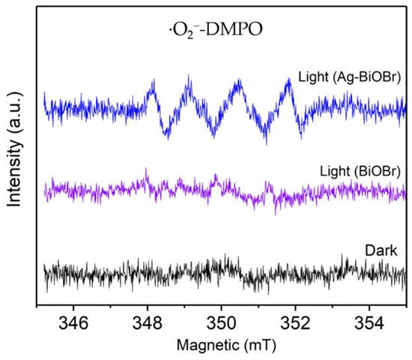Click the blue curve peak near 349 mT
click(187, 77)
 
